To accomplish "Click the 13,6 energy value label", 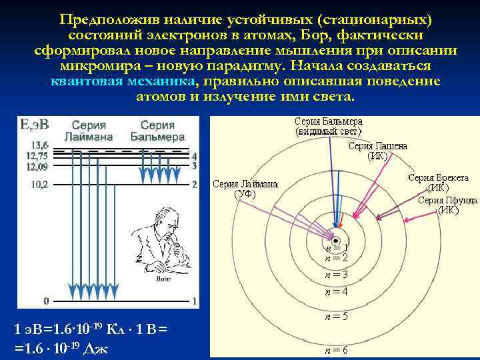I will pos(39,145).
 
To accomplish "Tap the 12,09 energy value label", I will pos(37,167).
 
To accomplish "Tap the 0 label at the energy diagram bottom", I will pos(46,301).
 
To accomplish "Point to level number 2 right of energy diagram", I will pos(193,184).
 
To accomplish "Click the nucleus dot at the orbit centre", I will pos(336,241).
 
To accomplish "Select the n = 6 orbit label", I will pos(335,350).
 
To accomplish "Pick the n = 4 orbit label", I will pos(336,291).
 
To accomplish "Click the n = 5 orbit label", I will pos(336,317).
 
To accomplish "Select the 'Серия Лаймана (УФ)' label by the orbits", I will pos(246,189).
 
